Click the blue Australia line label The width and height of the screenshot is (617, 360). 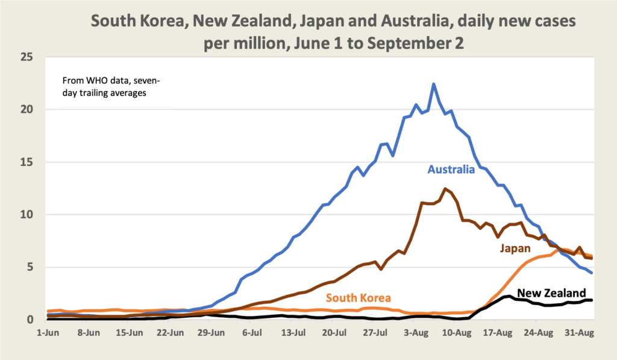click(x=451, y=169)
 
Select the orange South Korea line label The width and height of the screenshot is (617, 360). click(x=359, y=297)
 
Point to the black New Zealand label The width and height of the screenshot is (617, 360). click(x=552, y=293)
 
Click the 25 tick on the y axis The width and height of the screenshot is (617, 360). click(x=42, y=58)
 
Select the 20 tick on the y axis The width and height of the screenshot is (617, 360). click(x=42, y=110)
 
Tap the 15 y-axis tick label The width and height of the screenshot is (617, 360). click(x=42, y=162)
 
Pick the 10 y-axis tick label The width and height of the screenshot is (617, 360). click(x=42, y=215)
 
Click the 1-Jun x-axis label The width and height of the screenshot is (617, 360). click(x=47, y=332)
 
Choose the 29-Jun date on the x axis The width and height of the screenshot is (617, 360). click(x=211, y=332)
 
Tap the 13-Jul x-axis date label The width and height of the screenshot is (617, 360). click(x=294, y=332)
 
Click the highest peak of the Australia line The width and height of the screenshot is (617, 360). click(x=433, y=84)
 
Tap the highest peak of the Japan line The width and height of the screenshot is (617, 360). click(x=445, y=189)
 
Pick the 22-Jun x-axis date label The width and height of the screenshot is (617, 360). click(x=171, y=332)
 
